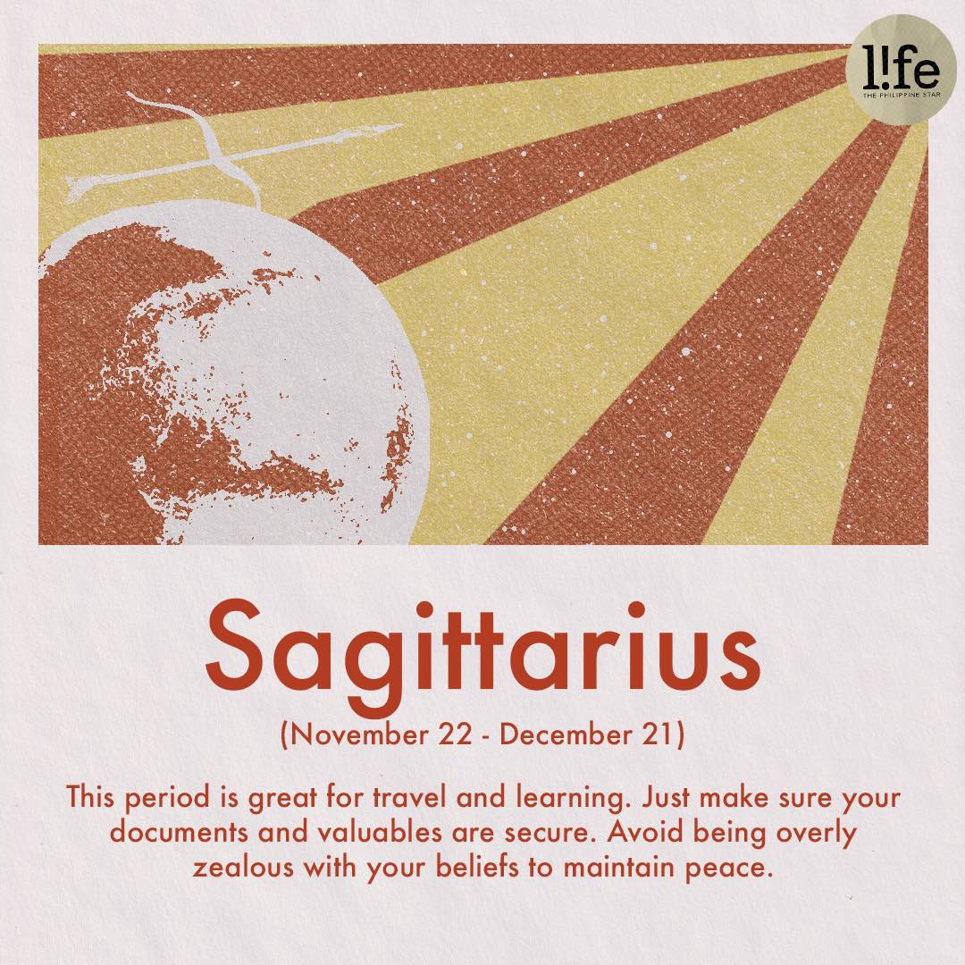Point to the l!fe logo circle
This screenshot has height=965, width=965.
pos(902,69)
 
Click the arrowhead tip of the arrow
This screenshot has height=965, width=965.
pos(401,127)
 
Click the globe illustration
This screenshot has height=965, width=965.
pos(234,382)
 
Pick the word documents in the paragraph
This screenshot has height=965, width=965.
pos(180,834)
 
